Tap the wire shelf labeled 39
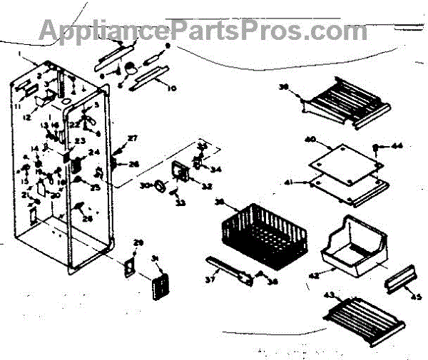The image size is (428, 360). (347, 101)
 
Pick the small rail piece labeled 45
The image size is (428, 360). (399, 279)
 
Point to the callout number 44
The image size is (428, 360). (397, 145)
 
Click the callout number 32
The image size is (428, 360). (208, 187)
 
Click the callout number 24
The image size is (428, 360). (94, 152)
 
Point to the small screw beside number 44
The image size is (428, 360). (376, 147)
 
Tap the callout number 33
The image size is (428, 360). (180, 203)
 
